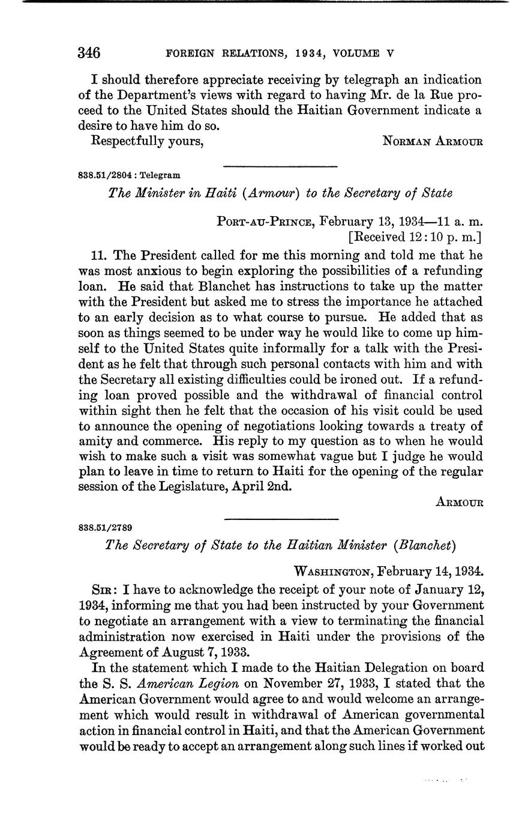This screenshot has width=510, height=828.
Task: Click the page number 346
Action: [89, 53]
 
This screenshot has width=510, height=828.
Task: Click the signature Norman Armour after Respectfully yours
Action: [433, 142]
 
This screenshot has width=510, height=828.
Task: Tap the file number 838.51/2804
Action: [105, 175]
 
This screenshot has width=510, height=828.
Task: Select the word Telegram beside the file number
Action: [160, 175]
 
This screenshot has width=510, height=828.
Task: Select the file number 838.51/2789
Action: [105, 528]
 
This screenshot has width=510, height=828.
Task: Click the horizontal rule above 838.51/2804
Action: [280, 166]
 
